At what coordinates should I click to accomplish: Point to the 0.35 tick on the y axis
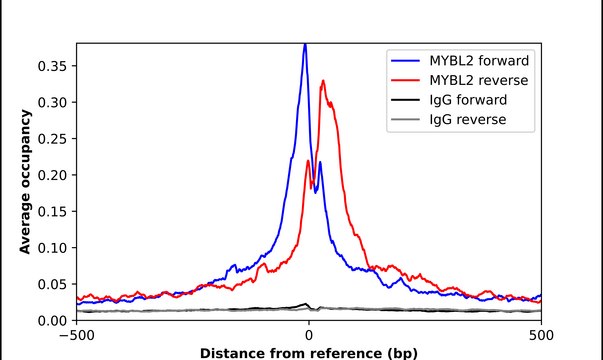(53, 66)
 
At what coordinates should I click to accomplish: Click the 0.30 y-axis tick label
(53, 102)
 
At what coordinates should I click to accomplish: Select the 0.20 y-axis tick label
(53, 175)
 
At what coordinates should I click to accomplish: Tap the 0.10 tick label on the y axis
(53, 248)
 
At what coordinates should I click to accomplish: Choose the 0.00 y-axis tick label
(53, 320)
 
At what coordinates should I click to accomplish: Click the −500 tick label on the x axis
(76, 335)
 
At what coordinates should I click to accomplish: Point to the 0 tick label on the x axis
(309, 335)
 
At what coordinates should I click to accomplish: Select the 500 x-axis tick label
(541, 335)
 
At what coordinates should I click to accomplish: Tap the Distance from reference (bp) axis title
(308, 352)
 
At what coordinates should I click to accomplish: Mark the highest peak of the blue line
(305, 45)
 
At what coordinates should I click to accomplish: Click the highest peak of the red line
(322, 81)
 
